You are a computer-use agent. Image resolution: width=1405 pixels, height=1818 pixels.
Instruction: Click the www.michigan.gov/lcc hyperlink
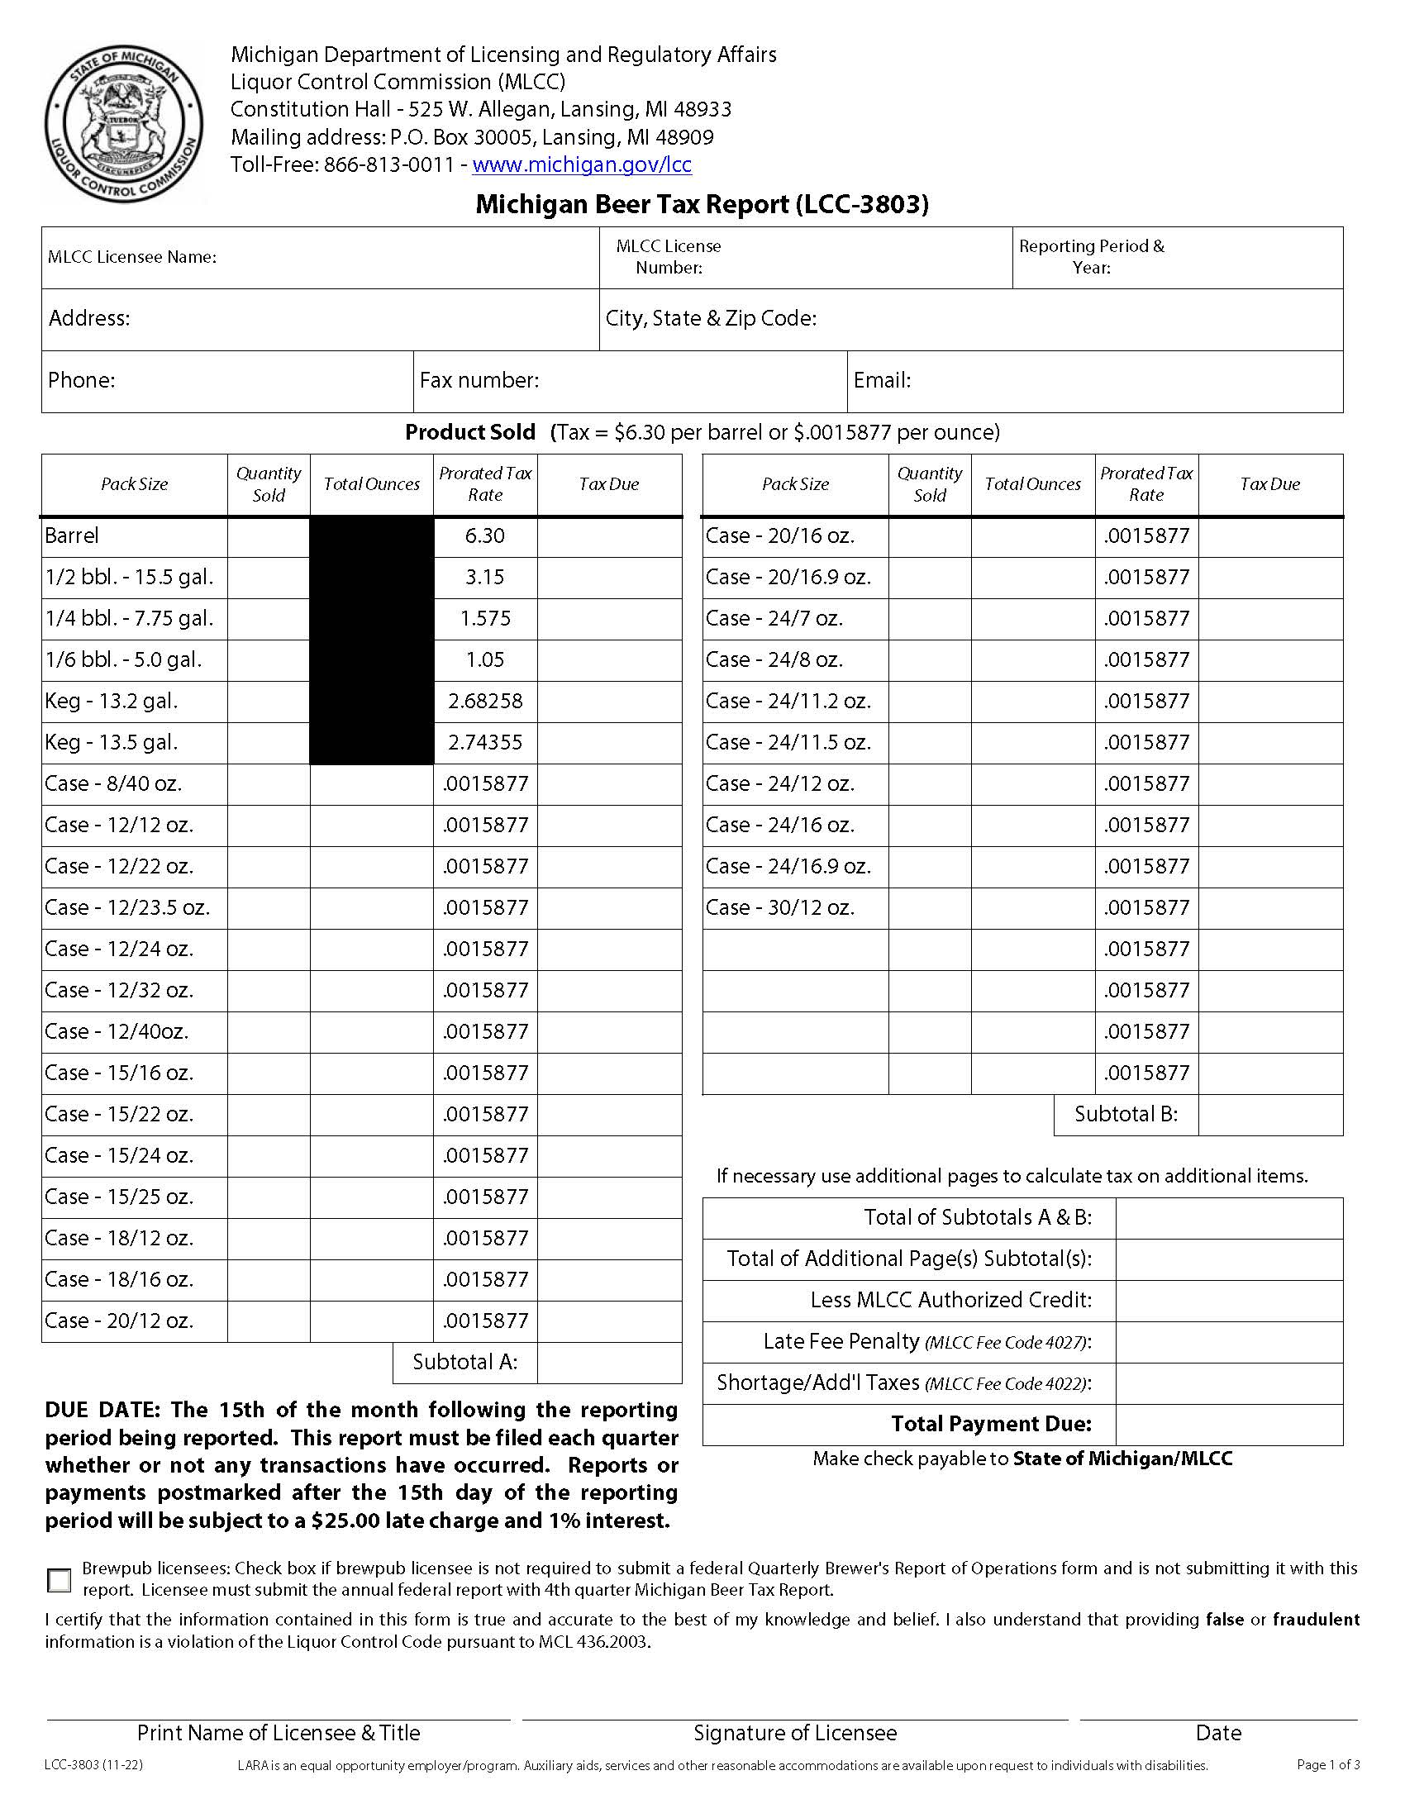[581, 164]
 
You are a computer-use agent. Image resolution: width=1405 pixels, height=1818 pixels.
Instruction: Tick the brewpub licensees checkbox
[60, 1580]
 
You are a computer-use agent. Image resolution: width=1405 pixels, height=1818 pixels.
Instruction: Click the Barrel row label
[72, 536]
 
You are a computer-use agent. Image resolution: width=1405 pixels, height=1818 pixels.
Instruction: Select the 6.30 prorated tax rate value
[484, 536]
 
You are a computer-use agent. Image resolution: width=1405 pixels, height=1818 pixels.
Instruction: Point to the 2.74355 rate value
[484, 743]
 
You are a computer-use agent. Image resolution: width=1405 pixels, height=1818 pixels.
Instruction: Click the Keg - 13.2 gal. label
[112, 701]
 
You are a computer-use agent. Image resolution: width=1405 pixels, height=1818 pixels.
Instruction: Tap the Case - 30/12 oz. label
[780, 907]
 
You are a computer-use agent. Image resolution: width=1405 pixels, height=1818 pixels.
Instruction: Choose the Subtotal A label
[464, 1362]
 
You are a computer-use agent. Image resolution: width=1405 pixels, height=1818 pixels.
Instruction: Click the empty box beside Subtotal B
[1270, 1115]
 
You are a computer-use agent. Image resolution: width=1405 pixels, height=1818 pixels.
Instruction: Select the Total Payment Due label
[990, 1424]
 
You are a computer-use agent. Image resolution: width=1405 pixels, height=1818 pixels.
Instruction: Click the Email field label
[882, 380]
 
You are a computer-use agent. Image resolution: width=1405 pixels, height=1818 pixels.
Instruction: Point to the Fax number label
[479, 380]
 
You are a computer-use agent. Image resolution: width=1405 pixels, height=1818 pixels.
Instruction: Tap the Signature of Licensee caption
[795, 1733]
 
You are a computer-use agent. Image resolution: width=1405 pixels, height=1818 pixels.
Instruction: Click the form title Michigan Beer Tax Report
[701, 204]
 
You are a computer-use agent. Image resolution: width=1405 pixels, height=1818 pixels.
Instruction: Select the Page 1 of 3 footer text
[1327, 1765]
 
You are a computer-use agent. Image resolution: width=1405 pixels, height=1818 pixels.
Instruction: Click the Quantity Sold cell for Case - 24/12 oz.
[929, 784]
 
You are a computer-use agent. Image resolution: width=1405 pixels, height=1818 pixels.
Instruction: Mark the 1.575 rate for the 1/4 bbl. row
[484, 618]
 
